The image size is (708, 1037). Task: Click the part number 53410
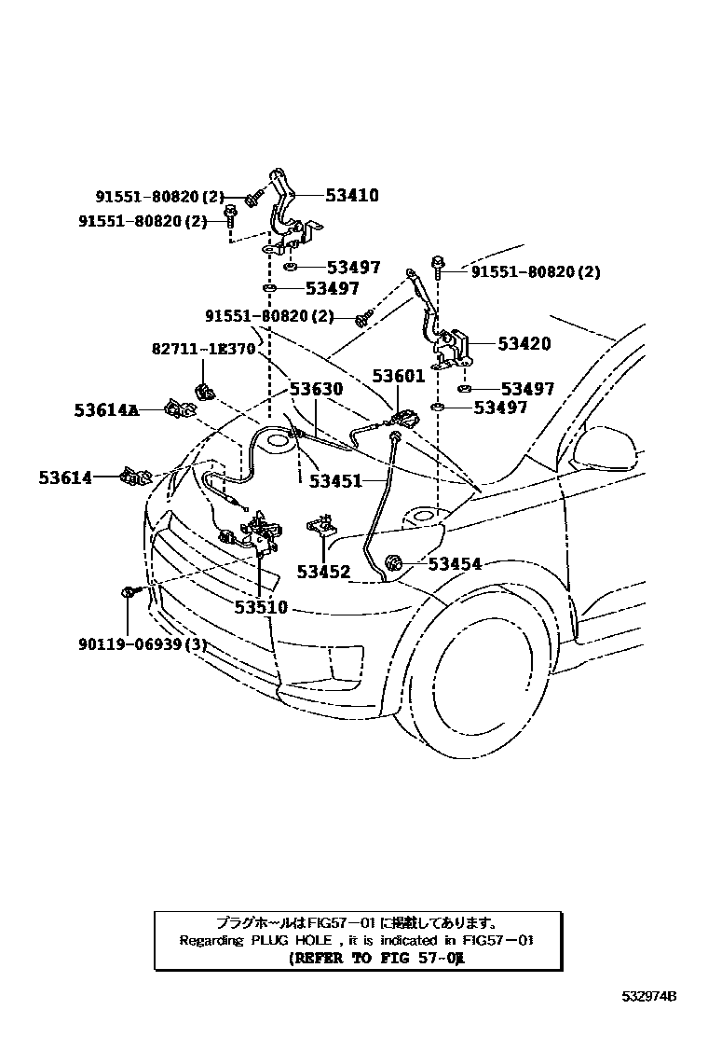point(351,196)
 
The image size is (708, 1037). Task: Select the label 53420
point(524,344)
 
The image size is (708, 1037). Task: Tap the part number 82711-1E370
point(202,349)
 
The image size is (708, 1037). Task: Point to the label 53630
point(315,390)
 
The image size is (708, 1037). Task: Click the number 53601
point(399,377)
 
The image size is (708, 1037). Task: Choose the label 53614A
point(105,408)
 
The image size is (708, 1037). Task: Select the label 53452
point(323,572)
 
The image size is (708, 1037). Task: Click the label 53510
point(261,607)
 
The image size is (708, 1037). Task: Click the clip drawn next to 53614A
point(179,408)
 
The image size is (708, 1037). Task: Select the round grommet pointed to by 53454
point(393,563)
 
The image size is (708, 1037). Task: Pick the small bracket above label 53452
point(323,524)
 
